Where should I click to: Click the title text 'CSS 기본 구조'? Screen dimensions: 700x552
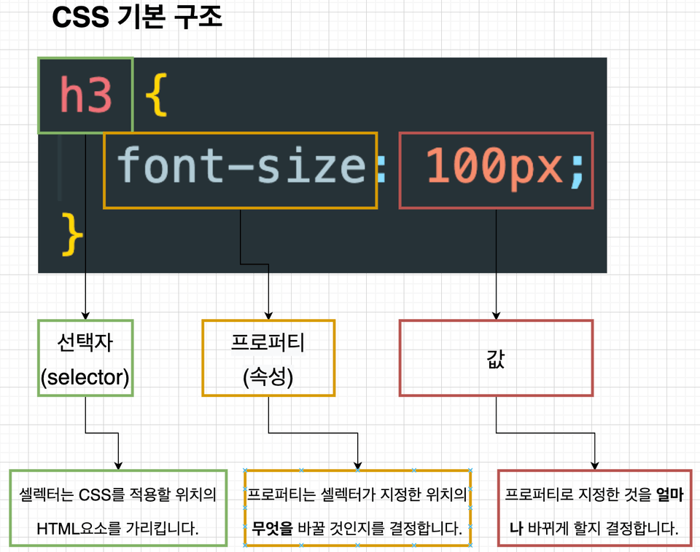137,17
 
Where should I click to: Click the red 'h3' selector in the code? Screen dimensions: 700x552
86,94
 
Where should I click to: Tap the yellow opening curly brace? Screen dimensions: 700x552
157,95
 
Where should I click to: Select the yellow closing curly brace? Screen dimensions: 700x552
72,234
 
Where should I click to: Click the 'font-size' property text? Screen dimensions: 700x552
241,165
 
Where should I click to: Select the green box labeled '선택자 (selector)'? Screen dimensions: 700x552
86,358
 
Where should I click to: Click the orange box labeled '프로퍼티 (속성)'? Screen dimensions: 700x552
268,358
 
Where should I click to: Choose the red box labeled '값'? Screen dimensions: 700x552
496,358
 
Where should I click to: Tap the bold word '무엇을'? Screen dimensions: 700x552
272,529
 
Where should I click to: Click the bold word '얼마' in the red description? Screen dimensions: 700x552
670,494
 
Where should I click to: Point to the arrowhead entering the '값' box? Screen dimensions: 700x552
496,316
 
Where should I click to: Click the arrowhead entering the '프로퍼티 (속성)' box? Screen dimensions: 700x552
268,316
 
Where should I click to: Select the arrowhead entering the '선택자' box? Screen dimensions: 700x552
86,316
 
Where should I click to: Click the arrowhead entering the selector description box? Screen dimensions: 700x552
118,466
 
